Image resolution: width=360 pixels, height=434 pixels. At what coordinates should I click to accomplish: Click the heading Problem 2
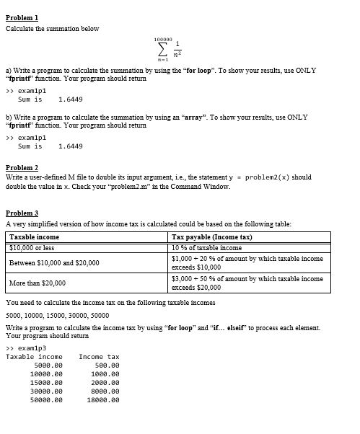coord(22,167)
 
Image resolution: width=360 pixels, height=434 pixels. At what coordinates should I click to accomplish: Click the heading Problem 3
coord(22,214)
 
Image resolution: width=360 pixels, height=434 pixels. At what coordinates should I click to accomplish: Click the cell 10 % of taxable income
coord(206,247)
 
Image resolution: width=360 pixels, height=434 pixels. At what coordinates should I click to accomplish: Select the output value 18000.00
coord(102,399)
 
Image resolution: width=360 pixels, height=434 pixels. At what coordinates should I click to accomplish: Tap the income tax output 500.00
coord(107,366)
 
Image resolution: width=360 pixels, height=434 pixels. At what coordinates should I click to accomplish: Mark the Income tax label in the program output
coord(99,357)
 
